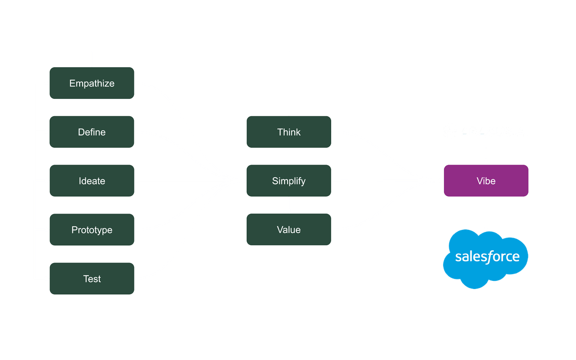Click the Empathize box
click(92, 84)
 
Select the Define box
click(92, 132)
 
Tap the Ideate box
click(92, 181)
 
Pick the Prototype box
click(92, 230)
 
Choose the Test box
click(92, 279)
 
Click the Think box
click(288, 132)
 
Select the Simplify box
click(288, 181)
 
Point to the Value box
click(288, 230)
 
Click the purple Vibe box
click(486, 181)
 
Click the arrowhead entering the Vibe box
click(440, 181)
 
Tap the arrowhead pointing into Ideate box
click(138, 181)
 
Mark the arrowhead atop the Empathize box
click(92, 64)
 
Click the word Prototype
click(92, 230)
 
